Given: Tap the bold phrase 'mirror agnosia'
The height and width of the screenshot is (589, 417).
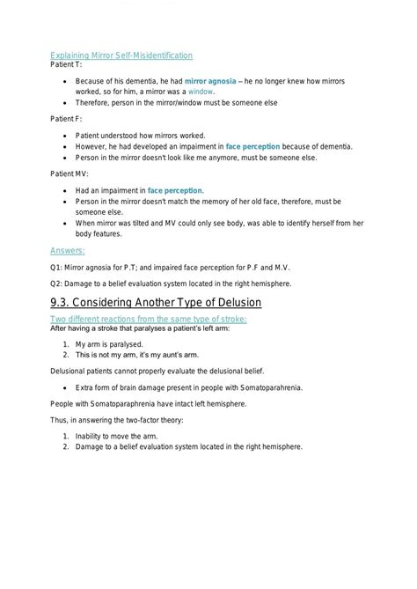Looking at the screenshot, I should click(x=212, y=80).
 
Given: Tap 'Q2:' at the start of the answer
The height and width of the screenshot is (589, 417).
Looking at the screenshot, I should click(x=56, y=283).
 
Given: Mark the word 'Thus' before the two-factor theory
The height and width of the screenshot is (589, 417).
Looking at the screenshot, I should click(x=59, y=420).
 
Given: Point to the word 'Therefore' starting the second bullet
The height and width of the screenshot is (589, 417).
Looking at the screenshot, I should click(x=96, y=103).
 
